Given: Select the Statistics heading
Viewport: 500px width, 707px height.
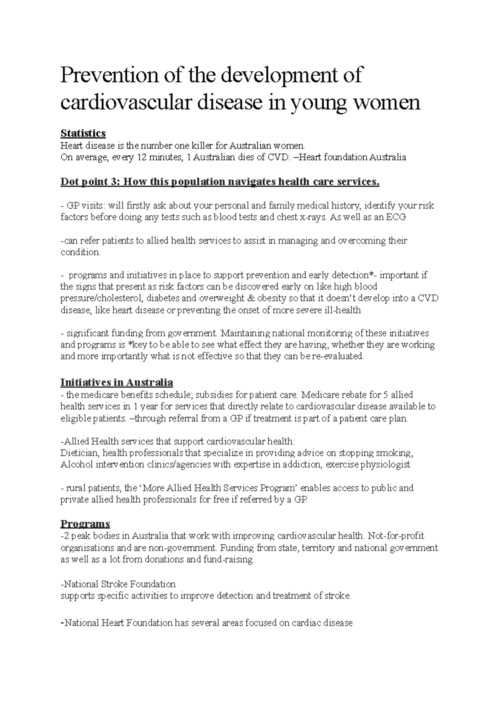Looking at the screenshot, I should pyautogui.click(x=83, y=133).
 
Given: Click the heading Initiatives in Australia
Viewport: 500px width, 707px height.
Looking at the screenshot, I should pyautogui.click(x=117, y=382).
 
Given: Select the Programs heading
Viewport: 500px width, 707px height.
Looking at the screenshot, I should pyautogui.click(x=85, y=523).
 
